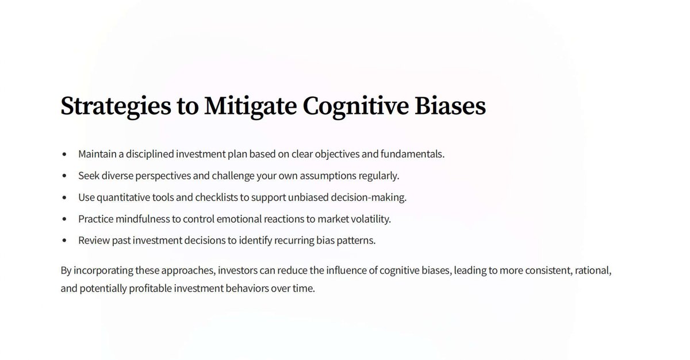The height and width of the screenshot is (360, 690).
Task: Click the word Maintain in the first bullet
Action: [97, 154]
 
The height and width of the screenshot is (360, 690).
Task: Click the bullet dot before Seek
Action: [65, 176]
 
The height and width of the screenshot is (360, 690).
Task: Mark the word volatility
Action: [370, 219]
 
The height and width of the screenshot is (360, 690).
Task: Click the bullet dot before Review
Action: [65, 241]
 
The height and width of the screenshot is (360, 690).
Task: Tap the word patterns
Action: [357, 240]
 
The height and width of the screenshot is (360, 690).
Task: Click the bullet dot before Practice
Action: [65, 219]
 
